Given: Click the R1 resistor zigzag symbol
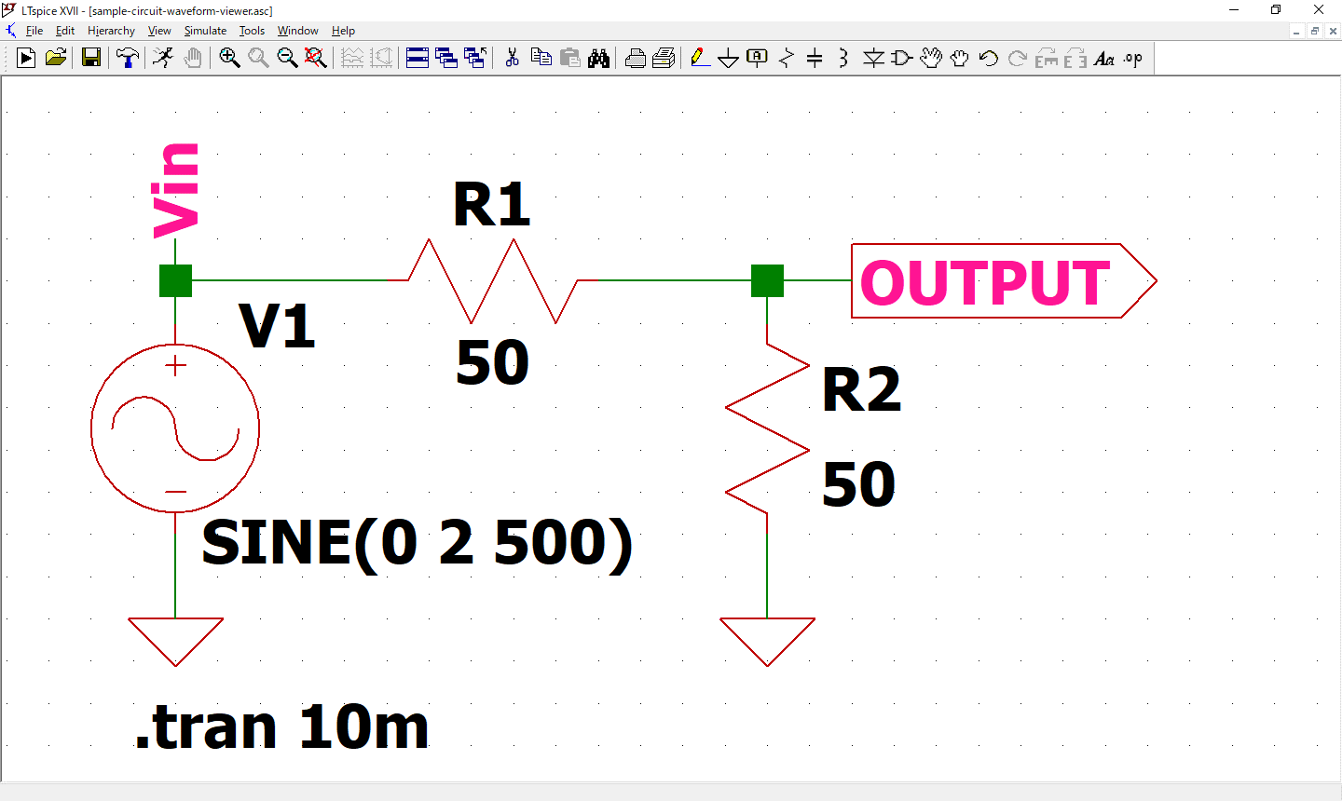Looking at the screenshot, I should [x=492, y=280].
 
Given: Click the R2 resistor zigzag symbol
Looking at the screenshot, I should [x=767, y=428].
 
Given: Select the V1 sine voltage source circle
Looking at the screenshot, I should [x=175, y=428].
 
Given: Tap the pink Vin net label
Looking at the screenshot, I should [x=176, y=190].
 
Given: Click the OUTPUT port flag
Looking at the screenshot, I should [x=1002, y=281].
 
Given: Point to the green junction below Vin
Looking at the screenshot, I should [x=175, y=280].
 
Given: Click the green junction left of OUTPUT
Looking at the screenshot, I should [x=767, y=280].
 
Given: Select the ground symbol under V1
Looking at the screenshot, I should [x=175, y=639].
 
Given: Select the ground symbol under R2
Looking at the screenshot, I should [x=767, y=639].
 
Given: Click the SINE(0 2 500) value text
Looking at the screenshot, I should [x=417, y=543].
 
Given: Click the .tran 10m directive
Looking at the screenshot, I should [x=281, y=727].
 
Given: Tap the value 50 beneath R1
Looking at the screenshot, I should [x=492, y=363].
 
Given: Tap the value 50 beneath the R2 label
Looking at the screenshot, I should [x=858, y=484].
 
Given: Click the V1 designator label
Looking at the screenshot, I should [x=277, y=327].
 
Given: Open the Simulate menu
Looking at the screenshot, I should [x=205, y=31].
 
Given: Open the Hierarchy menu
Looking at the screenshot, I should [x=111, y=31].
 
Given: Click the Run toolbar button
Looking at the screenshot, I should [x=26, y=59].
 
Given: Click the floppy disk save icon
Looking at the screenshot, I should [x=91, y=59].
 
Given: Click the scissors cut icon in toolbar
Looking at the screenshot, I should [x=512, y=59].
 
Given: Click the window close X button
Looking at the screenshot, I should [x=1319, y=10].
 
